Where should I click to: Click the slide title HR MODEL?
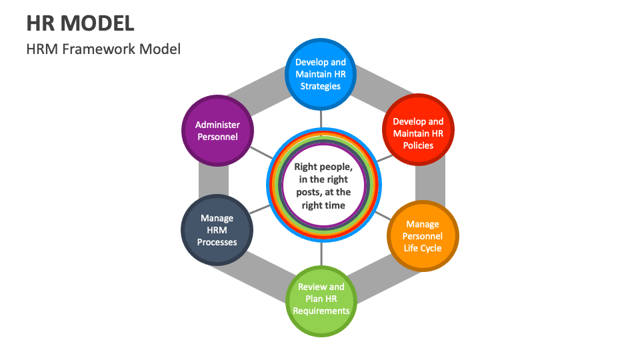pos(80,23)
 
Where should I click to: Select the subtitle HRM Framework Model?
pos(103,49)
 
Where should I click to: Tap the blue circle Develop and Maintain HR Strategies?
pos(321,74)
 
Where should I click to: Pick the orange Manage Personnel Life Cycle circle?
pos(423,236)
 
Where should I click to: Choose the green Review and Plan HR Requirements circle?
pos(321,299)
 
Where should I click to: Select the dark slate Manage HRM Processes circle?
pos(217,230)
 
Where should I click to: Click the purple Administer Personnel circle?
pos(217,131)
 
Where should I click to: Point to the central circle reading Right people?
pos(323,186)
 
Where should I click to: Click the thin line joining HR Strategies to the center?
pos(321,119)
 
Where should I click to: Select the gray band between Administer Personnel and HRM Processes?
pos(213,180)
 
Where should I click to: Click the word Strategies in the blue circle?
pos(321,86)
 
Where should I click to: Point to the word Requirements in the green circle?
pos(321,311)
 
